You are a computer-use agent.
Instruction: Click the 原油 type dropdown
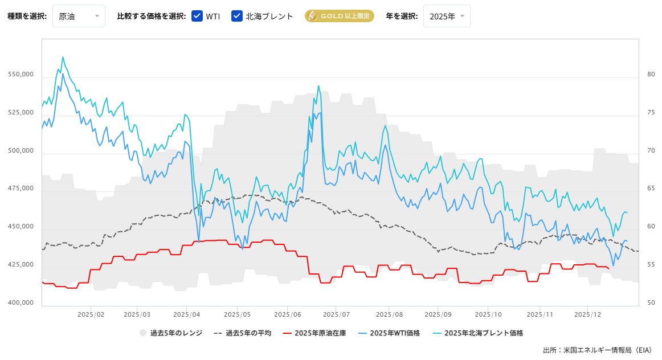[79, 16]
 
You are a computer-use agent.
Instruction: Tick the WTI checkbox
[197, 16]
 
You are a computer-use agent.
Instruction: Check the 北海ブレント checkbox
[237, 16]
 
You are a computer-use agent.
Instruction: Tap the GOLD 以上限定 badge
[339, 16]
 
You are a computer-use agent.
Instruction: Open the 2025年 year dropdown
[447, 16]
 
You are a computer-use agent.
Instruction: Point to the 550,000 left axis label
[21, 75]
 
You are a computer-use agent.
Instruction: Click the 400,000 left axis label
[21, 302]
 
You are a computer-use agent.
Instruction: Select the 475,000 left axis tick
[21, 189]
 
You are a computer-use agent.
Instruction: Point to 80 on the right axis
[651, 75]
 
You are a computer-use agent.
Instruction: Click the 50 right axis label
[651, 302]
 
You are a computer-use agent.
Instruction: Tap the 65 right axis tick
[651, 189]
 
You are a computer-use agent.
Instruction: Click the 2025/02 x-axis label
[91, 314]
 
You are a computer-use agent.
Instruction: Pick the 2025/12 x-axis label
[588, 314]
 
